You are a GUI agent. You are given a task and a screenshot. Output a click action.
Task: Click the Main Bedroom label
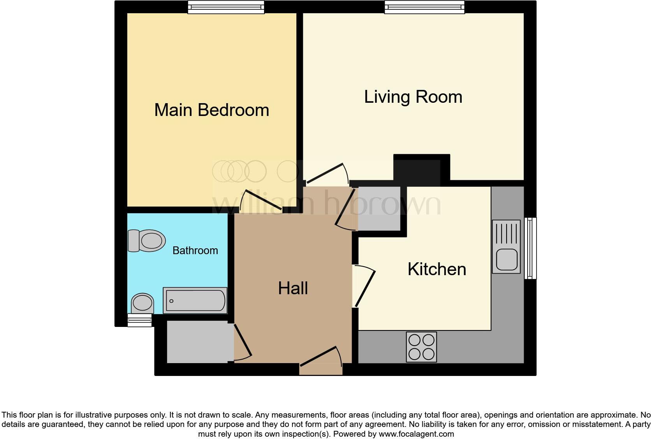click(x=211, y=110)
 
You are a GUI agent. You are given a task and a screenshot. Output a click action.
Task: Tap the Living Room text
click(x=413, y=97)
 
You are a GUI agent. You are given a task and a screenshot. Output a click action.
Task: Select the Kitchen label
click(x=436, y=269)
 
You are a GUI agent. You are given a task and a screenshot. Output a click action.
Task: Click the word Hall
click(x=293, y=288)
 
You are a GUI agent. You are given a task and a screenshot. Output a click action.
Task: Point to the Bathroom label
click(x=195, y=251)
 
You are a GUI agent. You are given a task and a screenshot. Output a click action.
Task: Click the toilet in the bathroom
click(x=147, y=241)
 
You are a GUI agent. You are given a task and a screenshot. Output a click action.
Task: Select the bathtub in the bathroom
click(x=195, y=300)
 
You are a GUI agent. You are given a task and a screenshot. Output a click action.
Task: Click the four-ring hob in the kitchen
click(x=421, y=347)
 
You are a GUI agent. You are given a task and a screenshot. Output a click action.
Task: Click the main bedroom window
click(x=226, y=7)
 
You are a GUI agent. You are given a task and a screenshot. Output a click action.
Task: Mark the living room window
click(x=424, y=7)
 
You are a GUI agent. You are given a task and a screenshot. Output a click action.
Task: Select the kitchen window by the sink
click(x=530, y=248)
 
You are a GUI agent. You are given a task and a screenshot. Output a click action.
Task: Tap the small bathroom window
click(x=139, y=320)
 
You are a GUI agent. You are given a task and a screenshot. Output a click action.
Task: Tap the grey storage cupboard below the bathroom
click(x=197, y=342)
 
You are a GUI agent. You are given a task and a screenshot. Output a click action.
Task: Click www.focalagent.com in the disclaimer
click(x=416, y=434)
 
